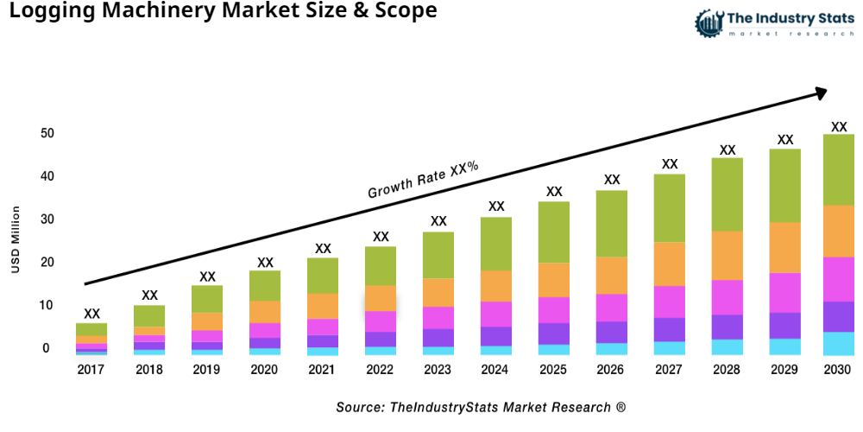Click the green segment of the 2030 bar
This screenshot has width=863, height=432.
tap(838, 169)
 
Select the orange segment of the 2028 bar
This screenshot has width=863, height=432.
tap(728, 256)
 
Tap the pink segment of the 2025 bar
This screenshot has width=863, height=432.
tap(554, 310)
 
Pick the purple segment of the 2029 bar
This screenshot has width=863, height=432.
tap(785, 326)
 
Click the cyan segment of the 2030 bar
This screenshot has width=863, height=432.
tap(838, 344)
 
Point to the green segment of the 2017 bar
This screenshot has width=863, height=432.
tap(91, 329)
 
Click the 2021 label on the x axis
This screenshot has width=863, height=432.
tap(323, 370)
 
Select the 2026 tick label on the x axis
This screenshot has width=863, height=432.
tap(612, 370)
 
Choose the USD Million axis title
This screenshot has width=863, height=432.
tap(16, 240)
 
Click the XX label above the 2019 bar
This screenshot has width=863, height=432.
tap(207, 277)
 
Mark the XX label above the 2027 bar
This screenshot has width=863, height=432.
tap(670, 164)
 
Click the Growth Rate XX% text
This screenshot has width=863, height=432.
tap(423, 179)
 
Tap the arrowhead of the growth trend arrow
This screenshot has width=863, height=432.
tap(821, 91)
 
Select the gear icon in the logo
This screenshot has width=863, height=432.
tap(708, 22)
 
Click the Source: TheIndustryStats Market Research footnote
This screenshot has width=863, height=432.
tap(481, 407)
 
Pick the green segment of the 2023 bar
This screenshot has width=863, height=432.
tap(438, 255)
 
